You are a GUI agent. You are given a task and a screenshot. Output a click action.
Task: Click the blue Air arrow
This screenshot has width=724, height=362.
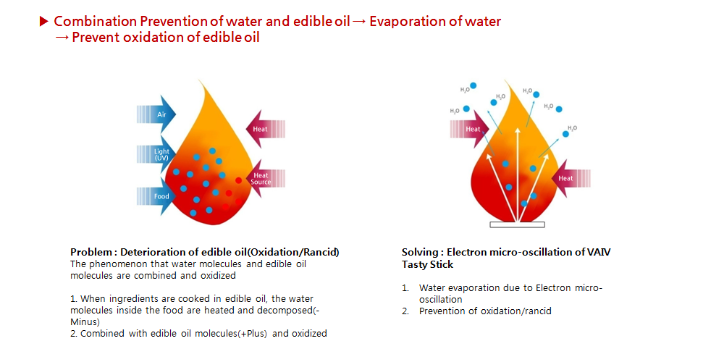[x=157, y=114]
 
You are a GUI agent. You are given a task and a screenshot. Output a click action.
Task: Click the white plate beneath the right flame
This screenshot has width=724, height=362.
[x=518, y=225]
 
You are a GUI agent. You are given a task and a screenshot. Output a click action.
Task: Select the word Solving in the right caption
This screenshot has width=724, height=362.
[x=418, y=253]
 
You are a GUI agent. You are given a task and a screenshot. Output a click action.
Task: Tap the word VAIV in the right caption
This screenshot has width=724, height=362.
[x=602, y=253]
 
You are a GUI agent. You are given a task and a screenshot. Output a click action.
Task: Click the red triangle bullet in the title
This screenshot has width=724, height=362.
[x=44, y=21]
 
